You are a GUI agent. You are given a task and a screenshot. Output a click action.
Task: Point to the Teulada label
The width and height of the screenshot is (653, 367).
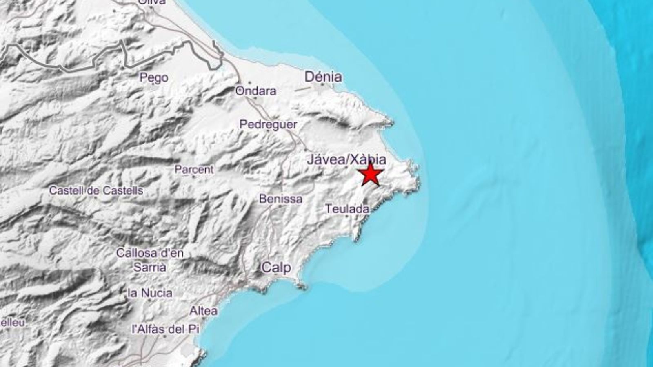pos(347,209)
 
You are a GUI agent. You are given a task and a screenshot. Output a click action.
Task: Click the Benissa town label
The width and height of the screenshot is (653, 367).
pos(281,199)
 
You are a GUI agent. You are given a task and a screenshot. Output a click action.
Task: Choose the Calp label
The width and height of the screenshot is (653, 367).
pos(276,268)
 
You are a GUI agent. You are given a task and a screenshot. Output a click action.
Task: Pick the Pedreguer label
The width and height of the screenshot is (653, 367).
pos(268,124)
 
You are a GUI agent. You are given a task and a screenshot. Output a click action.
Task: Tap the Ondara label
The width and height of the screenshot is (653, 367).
pos(256,91)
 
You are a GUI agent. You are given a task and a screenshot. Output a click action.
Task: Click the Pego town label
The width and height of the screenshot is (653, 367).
pos(154,77)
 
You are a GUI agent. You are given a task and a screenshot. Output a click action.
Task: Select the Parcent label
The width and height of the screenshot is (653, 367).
pos(194,169)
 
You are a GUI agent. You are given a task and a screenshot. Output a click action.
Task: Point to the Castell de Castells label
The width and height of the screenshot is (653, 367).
pos(96,190)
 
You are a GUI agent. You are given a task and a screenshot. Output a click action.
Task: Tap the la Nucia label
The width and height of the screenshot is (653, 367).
pos(150,292)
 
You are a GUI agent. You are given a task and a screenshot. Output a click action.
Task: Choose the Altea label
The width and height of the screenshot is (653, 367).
pos(204,311)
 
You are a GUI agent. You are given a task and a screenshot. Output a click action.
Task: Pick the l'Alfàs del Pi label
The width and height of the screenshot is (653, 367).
pos(165,329)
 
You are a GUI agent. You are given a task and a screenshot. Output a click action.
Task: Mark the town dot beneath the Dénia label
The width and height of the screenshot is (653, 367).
pos(322,85)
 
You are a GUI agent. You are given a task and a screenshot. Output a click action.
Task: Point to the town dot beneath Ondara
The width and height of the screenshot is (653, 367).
pos(255,98)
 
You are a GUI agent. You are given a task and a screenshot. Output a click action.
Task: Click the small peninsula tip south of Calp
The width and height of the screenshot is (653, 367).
pos(302,287)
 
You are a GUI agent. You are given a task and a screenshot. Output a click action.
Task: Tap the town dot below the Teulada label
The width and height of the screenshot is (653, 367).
pos(347,217)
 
